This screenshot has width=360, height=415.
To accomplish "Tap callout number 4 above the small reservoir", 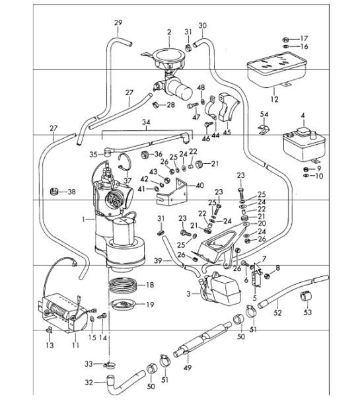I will click(x=303, y=116).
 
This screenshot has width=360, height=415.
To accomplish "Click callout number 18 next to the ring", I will click(x=150, y=285).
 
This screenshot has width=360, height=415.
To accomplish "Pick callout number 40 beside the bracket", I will click(x=200, y=185).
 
